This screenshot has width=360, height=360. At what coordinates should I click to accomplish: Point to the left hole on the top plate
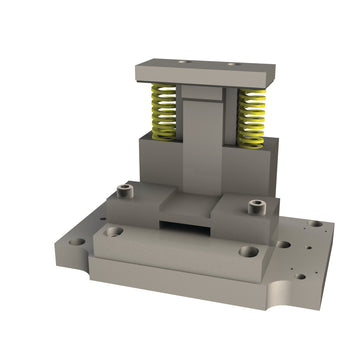click(x=182, y=61)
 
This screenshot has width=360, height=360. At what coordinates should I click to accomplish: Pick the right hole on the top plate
click(x=232, y=64)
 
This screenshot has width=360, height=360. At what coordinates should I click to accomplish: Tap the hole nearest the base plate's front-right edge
click(x=297, y=269)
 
